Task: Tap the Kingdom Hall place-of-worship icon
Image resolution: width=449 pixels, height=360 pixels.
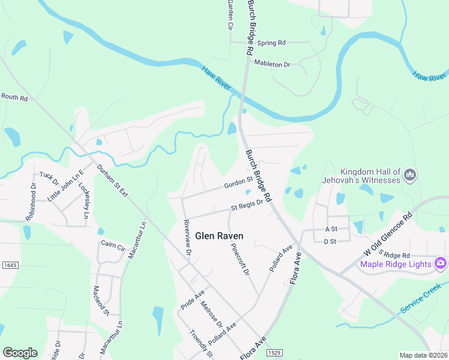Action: (411, 175)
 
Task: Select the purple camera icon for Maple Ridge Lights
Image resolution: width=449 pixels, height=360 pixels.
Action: (441, 263)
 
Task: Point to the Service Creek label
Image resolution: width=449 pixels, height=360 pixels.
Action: (421, 298)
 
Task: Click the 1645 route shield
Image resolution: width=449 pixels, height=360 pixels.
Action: (8, 264)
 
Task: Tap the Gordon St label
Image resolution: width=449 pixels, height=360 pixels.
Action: (238, 182)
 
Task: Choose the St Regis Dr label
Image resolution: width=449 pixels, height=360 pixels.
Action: (247, 205)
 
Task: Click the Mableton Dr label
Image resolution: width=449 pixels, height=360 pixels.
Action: (272, 63)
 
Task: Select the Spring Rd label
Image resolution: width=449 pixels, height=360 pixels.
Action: (271, 43)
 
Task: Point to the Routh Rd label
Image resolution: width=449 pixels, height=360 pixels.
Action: (14, 97)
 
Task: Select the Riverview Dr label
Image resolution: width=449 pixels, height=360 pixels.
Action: (187, 238)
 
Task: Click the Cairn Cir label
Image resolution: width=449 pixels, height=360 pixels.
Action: (112, 247)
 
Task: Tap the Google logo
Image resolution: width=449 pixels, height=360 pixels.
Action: (20, 353)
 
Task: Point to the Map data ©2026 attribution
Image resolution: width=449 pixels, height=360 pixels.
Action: (424, 355)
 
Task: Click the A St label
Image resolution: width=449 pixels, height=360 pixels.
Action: (331, 229)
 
